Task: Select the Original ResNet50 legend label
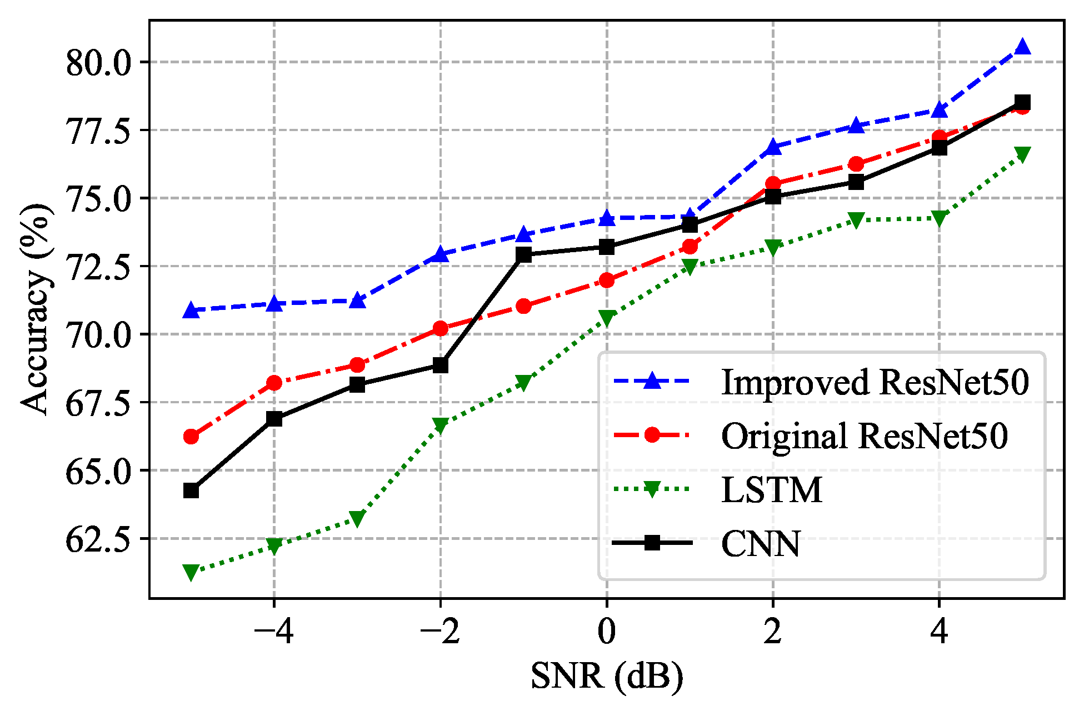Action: click(865, 435)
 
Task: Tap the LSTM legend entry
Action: click(772, 489)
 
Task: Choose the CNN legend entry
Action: click(761, 543)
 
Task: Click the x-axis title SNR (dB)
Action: click(607, 677)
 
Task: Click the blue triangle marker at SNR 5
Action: click(1022, 47)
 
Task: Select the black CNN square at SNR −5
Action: click(191, 490)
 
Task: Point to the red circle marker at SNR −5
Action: click(191, 437)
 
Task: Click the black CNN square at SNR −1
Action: click(523, 254)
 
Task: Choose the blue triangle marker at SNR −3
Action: click(357, 301)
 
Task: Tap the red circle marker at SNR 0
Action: click(607, 281)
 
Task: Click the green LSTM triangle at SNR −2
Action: click(441, 425)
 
